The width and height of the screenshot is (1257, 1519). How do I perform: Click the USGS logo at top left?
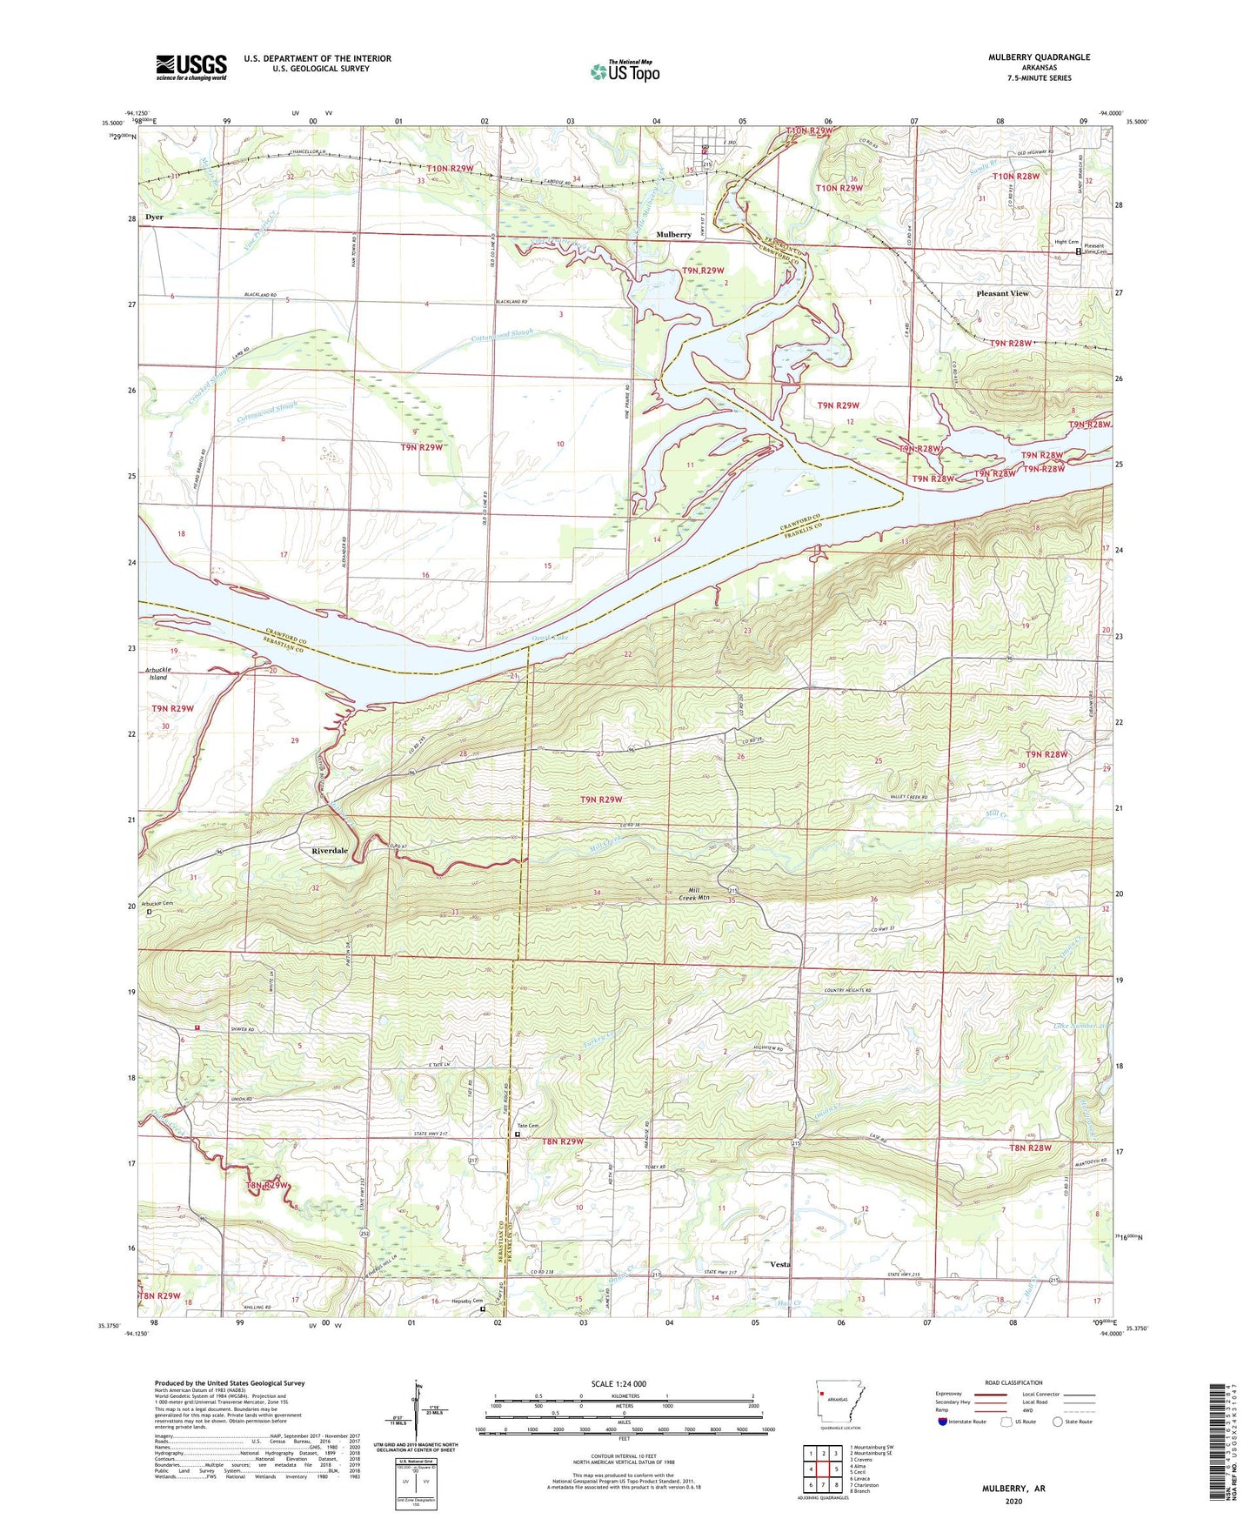click(191, 67)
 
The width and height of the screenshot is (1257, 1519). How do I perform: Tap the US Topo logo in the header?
click(625, 72)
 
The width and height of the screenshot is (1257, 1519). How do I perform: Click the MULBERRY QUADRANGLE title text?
click(1039, 57)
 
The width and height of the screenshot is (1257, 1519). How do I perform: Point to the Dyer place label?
click(154, 217)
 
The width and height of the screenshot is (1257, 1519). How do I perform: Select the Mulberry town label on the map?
click(673, 235)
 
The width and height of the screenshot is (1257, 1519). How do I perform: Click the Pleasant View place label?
click(1002, 293)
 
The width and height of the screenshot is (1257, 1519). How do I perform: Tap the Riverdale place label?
click(330, 851)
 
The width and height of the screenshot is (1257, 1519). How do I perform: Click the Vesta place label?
click(780, 1264)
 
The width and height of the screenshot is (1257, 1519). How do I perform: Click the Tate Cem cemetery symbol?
click(518, 1134)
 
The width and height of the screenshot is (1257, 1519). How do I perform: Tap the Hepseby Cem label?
click(466, 1302)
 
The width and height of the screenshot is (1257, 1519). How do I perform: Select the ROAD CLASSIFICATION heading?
click(1014, 1382)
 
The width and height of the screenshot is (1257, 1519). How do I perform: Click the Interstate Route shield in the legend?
click(943, 1422)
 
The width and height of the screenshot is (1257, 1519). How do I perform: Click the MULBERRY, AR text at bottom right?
click(1013, 1489)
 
